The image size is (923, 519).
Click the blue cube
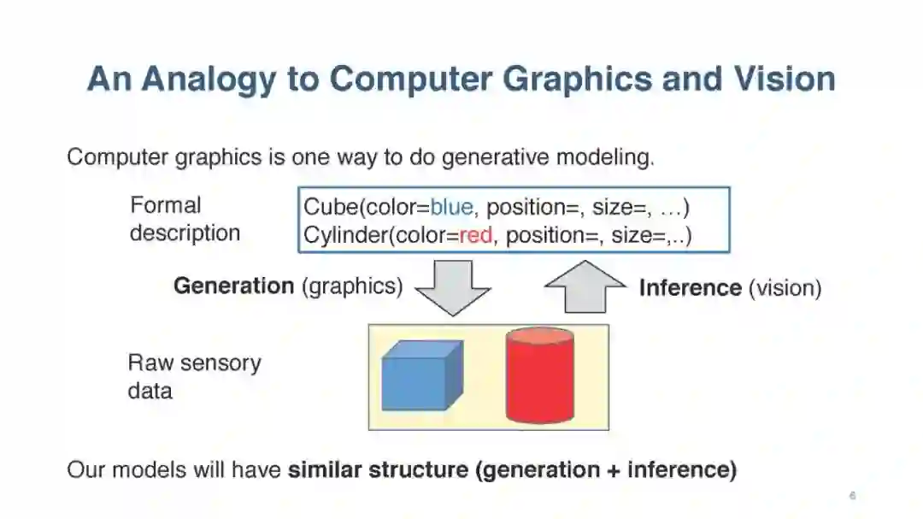[420, 377]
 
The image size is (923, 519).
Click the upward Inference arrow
[585, 287]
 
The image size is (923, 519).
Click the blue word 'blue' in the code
[451, 208]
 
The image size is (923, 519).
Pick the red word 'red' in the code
[476, 235]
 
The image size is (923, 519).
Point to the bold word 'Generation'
[233, 286]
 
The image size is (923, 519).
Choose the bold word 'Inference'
[690, 288]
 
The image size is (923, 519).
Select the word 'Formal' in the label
[166, 205]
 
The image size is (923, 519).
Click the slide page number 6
[852, 496]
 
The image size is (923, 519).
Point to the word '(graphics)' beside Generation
[351, 286]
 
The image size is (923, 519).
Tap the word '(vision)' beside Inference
[785, 288]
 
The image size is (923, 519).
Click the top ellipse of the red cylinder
[539, 336]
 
